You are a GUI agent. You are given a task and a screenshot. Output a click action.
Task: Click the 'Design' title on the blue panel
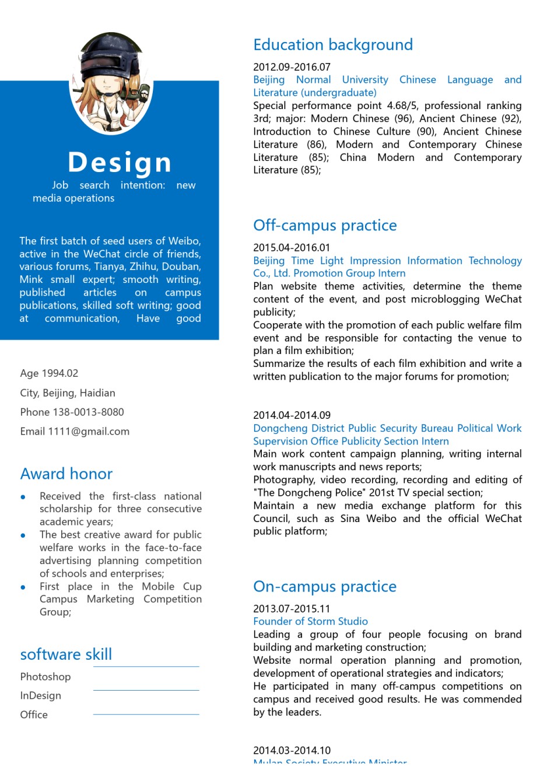coord(120,162)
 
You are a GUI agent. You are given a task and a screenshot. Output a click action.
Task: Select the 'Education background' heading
coord(333,45)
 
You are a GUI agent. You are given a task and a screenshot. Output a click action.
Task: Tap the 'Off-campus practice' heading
coord(325,225)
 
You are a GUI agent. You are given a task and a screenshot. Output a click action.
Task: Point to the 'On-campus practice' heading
coord(325,586)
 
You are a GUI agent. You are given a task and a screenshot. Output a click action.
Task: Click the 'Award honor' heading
coord(66,474)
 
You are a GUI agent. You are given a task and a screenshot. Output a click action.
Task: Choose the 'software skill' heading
coord(66,654)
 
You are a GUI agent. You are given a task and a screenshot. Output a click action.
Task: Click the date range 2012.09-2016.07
coord(292,67)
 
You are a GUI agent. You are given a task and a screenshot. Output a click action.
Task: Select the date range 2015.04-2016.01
coord(292,247)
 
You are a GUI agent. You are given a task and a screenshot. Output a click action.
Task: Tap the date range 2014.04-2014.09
coord(292,415)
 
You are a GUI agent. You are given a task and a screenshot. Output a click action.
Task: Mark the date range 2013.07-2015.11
coord(292,608)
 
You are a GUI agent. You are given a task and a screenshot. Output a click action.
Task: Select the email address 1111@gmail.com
coord(89,432)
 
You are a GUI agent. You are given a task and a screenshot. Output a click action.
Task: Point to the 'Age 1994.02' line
coord(49,373)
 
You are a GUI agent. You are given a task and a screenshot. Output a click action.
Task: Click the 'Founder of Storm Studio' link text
coord(310,621)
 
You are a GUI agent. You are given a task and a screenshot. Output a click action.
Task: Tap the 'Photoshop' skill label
coord(45,677)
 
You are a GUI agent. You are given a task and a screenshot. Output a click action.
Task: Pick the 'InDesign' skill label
coord(40,695)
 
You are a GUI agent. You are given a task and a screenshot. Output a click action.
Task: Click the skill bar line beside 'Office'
coord(146,714)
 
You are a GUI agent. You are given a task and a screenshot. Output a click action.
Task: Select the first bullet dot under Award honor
coord(23,497)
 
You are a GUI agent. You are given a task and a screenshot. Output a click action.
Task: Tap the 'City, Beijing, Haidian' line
coord(68,393)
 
